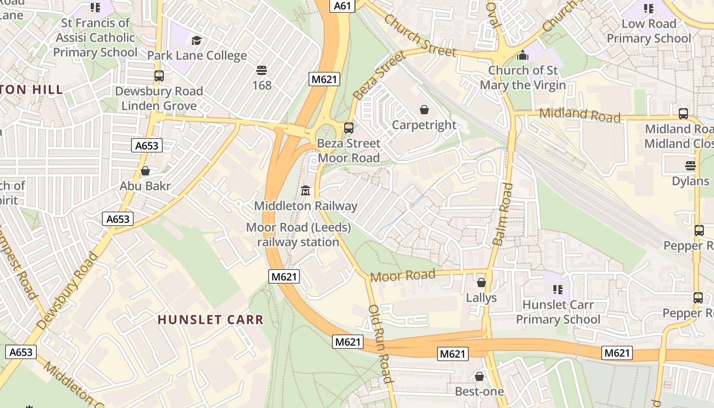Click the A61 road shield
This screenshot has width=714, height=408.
tap(342, 6)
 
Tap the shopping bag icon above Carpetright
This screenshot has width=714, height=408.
tap(424, 109)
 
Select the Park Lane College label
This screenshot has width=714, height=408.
tap(197, 55)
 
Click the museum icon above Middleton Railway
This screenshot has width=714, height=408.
tap(305, 191)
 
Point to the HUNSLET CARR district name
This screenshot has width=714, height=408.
tap(211, 320)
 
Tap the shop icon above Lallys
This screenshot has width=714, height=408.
tap(481, 282)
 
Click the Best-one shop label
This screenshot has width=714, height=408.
tap(479, 391)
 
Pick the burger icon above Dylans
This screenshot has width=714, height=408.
tap(690, 165)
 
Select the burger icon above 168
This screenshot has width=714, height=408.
tap(262, 70)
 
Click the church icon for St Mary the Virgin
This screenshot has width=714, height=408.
tap(523, 55)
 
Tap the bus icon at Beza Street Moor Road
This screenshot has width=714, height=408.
tap(349, 127)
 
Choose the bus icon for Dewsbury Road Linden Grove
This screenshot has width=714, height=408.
tap(159, 76)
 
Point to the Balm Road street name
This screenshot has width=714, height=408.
tap(502, 214)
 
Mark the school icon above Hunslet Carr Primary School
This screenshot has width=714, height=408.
tap(557, 290)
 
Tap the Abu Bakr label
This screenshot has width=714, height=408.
tap(145, 186)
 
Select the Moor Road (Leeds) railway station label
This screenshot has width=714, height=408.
tap(298, 235)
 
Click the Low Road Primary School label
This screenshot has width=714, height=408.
tap(648, 31)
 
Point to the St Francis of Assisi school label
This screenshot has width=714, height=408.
tap(95, 37)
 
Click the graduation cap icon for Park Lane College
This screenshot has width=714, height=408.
tap(196, 40)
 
